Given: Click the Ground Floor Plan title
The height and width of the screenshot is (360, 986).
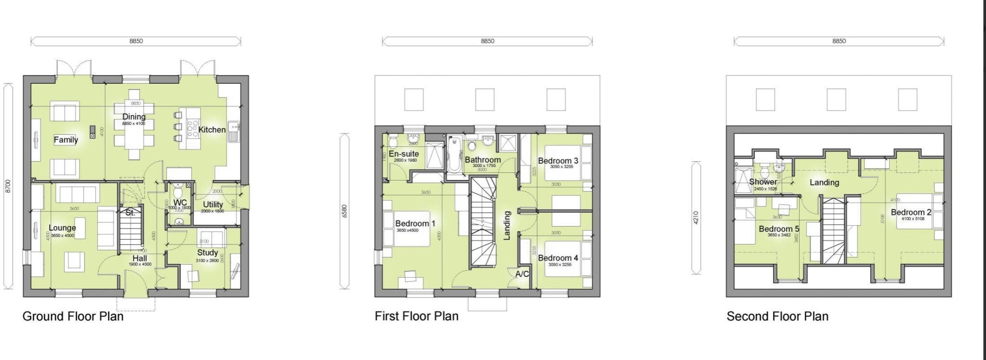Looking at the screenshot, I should pyautogui.click(x=73, y=316).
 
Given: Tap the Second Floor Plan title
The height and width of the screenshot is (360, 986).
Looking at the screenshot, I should pyautogui.click(x=777, y=316).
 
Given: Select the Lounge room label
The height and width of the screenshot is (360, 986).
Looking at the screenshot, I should pyautogui.click(x=62, y=228).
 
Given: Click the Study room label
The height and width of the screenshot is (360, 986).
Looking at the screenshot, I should pyautogui.click(x=208, y=252).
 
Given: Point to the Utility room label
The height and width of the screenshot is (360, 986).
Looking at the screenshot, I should pyautogui.click(x=212, y=204).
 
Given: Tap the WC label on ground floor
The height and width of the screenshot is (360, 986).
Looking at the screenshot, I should pyautogui.click(x=180, y=202).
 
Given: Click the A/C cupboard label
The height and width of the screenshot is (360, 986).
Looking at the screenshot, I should pyautogui.click(x=522, y=274).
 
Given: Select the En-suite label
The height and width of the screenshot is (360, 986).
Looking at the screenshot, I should pyautogui.click(x=404, y=154).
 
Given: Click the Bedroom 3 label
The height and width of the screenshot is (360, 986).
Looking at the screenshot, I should pyautogui.click(x=558, y=160).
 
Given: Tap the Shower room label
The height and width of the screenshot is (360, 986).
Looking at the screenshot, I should pyautogui.click(x=763, y=182).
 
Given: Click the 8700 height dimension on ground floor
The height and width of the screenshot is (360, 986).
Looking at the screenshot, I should pyautogui.click(x=8, y=187).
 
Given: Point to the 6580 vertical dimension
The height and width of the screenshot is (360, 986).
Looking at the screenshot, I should pyautogui.click(x=344, y=211).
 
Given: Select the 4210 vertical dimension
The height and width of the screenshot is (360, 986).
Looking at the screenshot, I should pyautogui.click(x=696, y=218).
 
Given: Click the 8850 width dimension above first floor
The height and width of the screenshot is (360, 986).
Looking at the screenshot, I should pyautogui.click(x=487, y=41).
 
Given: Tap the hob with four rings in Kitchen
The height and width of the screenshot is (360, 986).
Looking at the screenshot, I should pyautogui.click(x=193, y=129).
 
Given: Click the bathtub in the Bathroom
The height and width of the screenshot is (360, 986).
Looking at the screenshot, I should pyautogui.click(x=454, y=154).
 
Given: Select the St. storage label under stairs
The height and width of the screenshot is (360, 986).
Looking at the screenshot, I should pyautogui.click(x=130, y=213).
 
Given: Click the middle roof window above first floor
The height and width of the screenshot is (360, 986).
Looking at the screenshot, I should pyautogui.click(x=485, y=100).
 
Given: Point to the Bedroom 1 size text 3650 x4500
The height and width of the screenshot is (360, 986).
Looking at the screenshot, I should pyautogui.click(x=407, y=231).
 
